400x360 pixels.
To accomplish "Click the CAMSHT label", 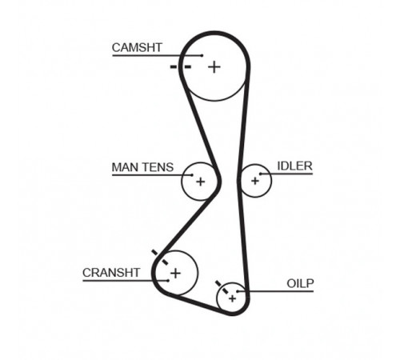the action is coord(137,48).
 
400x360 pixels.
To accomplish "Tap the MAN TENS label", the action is coord(142,167).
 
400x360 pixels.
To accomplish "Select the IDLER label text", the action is coord(294,166).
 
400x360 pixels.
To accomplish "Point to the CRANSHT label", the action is coord(111,273).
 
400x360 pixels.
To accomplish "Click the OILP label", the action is coord(300,283).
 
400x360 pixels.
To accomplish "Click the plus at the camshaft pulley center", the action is coord(214,67).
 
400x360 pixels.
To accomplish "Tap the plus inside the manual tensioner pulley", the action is coord(201,182).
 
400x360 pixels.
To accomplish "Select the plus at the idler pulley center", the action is coord(255,181).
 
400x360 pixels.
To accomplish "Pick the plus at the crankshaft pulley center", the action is coord(175,273).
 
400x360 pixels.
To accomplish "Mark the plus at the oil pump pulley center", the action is coord(232,298).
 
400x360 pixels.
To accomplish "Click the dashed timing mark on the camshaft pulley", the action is coord(181,66).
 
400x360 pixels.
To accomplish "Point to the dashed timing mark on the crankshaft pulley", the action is coord(160,258).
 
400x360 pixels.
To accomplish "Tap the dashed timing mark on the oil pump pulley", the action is coord(222,287).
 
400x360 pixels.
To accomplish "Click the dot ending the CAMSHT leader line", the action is coord(202,55).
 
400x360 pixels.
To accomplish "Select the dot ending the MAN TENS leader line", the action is coord(192,175).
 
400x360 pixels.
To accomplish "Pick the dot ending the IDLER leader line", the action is coord(261,174).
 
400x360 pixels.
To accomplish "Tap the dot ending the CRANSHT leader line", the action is coord(168,281).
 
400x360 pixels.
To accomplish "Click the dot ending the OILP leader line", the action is coord(237,291).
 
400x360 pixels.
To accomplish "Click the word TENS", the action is coord(158,167).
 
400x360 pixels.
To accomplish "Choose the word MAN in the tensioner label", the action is coord(125,167).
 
